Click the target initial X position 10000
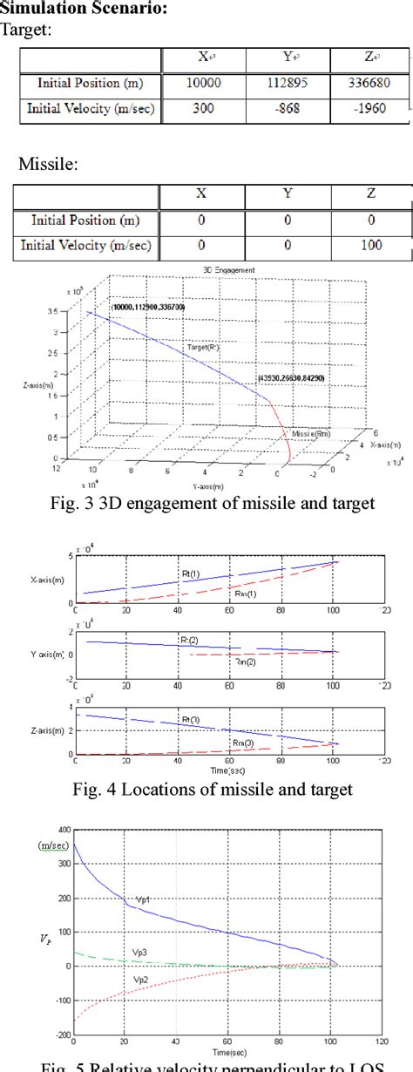[x=203, y=84]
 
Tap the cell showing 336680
[x=371, y=84]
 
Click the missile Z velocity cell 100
[x=371, y=246]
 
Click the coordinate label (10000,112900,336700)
[x=148, y=308]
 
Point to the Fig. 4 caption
[x=206, y=790]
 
